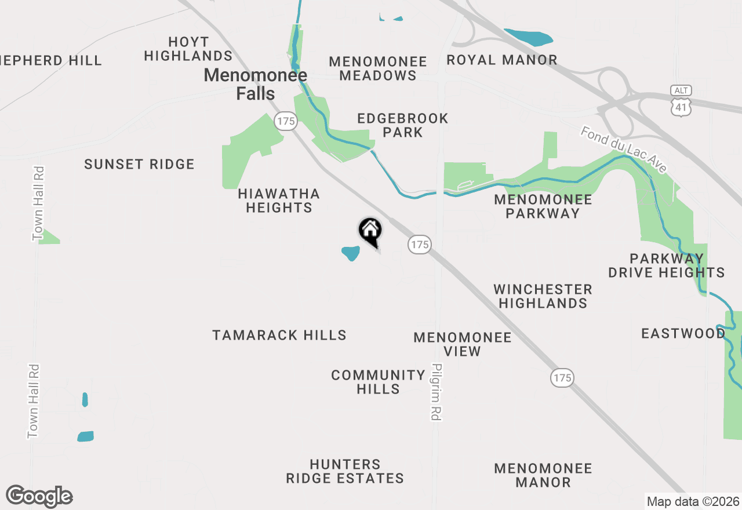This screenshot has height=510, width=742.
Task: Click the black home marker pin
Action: click(x=370, y=231)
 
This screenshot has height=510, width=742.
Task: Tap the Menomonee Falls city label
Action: click(x=255, y=84)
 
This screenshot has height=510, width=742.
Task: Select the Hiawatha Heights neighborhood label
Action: click(x=279, y=201)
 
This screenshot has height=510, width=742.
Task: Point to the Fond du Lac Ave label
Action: click(x=624, y=150)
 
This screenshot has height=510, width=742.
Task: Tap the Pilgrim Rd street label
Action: click(x=437, y=392)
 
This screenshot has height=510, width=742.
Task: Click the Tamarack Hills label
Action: click(x=279, y=335)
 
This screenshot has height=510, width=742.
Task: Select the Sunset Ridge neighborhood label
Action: click(x=139, y=164)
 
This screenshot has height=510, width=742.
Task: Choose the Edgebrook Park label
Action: click(x=403, y=125)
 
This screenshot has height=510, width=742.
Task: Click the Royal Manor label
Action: click(x=502, y=60)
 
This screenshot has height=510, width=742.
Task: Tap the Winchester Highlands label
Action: click(x=543, y=296)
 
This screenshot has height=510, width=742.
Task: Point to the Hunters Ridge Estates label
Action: click(x=345, y=471)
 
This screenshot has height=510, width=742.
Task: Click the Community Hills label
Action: click(x=378, y=382)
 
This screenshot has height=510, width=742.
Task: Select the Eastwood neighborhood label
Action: click(x=683, y=333)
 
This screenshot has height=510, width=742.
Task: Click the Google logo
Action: click(x=39, y=497)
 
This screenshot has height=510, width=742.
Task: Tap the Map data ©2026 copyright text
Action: click(x=693, y=501)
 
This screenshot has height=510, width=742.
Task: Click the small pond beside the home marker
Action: click(x=351, y=253)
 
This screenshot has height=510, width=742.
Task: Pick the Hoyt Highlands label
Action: click(x=188, y=49)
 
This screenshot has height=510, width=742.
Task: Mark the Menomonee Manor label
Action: click(x=543, y=475)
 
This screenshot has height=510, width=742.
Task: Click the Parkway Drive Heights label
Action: click(x=667, y=265)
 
